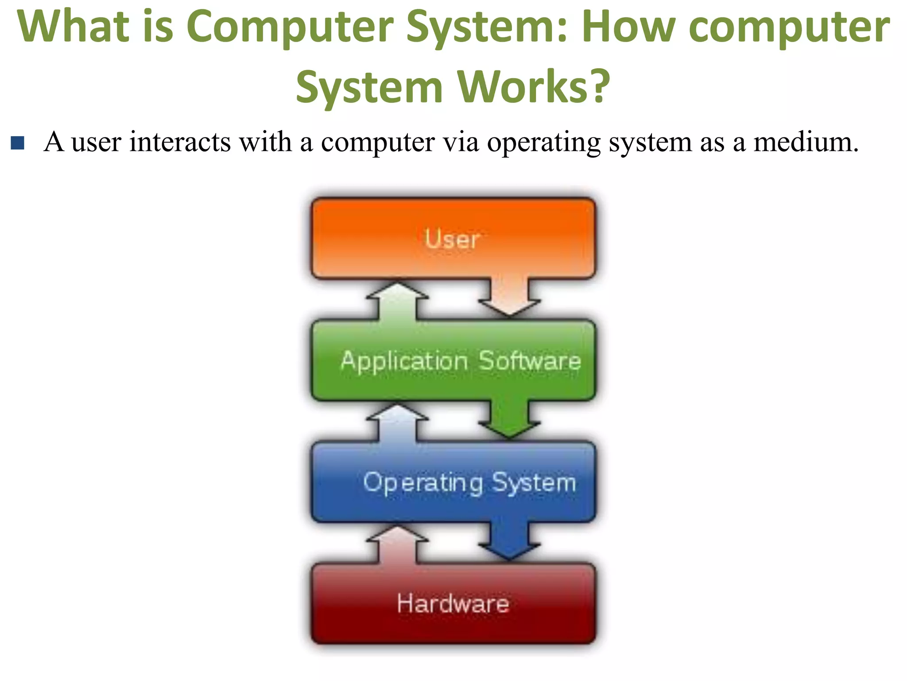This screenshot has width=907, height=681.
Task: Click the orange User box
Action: pos(453,239)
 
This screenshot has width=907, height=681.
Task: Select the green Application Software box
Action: pos(453,360)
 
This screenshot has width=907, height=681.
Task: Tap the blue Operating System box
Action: pos(453,482)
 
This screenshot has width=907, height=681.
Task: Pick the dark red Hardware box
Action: pos(453,603)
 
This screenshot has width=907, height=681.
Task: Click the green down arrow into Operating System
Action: pos(509,419)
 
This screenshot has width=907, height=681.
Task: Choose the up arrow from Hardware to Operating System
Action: pos(397,544)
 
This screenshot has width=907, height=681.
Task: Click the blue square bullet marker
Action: pos(18,143)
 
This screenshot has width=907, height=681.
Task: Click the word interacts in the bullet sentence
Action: pos(180,142)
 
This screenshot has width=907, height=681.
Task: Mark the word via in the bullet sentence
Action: pos(461,142)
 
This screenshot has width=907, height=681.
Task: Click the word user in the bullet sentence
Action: pos(96,143)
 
